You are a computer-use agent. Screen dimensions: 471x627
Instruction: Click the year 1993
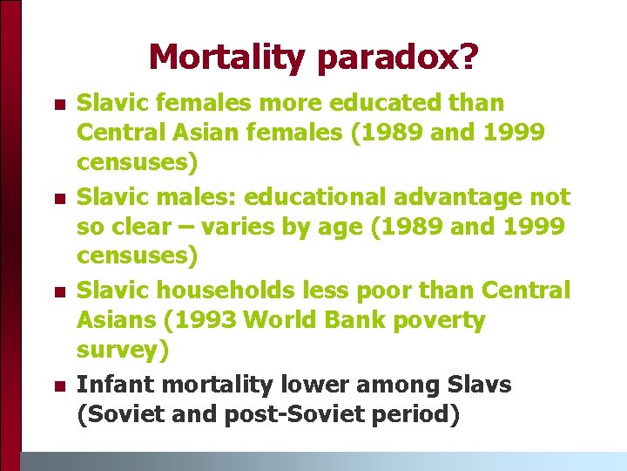(206, 320)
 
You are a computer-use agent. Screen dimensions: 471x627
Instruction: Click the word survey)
(121, 351)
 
